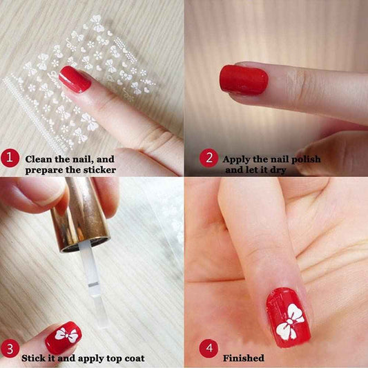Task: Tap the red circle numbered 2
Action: [209, 157]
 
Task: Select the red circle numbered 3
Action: [10, 348]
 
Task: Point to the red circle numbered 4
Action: [209, 348]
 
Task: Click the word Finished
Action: [244, 358]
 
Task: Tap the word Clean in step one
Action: [39, 159]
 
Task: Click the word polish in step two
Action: [306, 159]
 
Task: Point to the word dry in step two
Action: [278, 170]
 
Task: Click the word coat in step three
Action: [135, 358]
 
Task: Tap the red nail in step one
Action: [75, 79]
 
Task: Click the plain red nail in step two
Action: [244, 80]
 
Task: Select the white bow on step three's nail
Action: [66, 335]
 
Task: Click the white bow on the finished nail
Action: [289, 322]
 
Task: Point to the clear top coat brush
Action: [94, 284]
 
